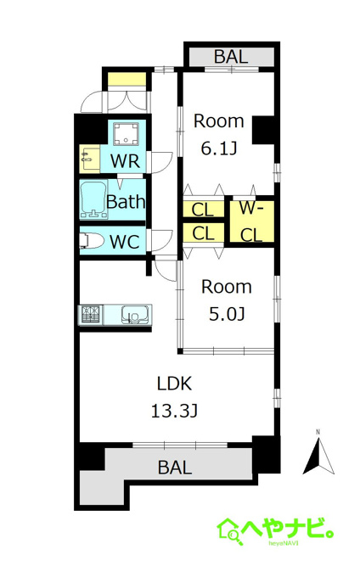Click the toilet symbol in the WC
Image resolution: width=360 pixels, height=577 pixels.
click(x=91, y=241)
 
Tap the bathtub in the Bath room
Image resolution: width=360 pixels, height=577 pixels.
click(x=93, y=199)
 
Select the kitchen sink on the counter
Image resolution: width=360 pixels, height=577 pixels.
click(x=135, y=315)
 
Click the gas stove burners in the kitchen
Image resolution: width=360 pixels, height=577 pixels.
click(x=91, y=314)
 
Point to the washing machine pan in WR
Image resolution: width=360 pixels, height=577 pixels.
click(x=126, y=134)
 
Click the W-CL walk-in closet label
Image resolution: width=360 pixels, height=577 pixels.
click(x=252, y=221)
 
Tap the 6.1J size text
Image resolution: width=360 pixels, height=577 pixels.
click(x=219, y=148)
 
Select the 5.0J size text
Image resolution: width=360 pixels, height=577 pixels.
click(x=227, y=314)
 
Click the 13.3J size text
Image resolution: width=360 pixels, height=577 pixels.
click(x=174, y=411)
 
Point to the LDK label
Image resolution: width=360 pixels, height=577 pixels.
click(x=174, y=384)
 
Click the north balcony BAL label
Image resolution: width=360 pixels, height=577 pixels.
click(x=231, y=57)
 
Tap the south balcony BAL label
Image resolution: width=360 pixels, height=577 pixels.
click(x=175, y=468)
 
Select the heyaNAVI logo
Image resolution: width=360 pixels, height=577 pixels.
click(x=275, y=531)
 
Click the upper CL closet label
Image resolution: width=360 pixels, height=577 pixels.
click(x=203, y=210)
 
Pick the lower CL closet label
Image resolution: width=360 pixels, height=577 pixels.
click(x=203, y=233)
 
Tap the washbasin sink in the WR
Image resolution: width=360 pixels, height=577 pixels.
click(x=89, y=159)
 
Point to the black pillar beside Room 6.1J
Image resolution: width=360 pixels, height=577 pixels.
click(x=263, y=130)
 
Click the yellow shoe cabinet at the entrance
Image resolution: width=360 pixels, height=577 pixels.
click(x=127, y=79)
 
